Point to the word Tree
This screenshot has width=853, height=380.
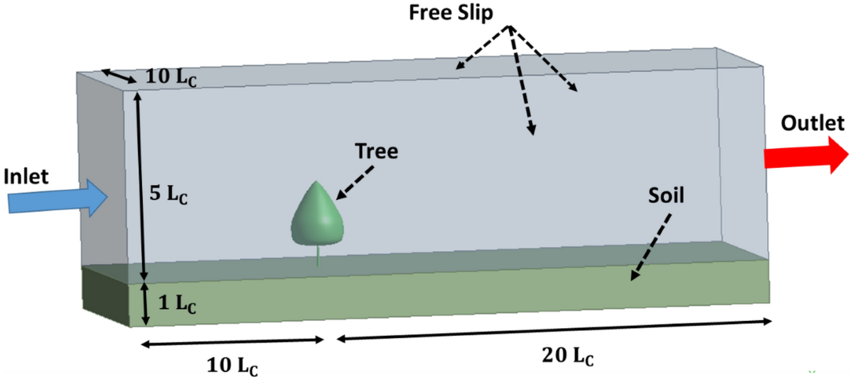coord(377,151)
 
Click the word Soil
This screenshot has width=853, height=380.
coord(665,196)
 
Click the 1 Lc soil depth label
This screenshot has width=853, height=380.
coord(175,302)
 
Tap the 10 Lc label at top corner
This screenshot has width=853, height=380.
coord(171,76)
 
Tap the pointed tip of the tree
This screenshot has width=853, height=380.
coord(316,183)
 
